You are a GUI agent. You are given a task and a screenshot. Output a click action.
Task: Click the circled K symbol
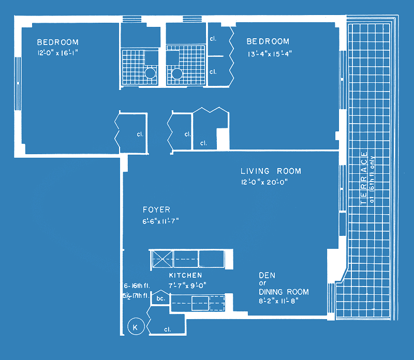tap(136, 326)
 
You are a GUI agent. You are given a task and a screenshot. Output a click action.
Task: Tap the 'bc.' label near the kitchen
tap(161, 298)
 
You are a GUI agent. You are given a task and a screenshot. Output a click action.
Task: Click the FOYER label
tap(157, 210)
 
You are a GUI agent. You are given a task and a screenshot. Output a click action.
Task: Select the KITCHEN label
tap(186, 275)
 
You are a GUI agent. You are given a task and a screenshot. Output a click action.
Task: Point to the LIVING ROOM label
tap(271, 171)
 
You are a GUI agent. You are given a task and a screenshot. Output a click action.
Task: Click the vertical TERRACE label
tap(364, 178)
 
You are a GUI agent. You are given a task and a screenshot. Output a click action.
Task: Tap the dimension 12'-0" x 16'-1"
tap(57, 53)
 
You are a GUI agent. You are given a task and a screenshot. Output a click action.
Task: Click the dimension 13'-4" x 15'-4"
tap(270, 54)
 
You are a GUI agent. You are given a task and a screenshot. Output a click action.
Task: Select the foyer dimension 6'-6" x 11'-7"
tap(160, 221)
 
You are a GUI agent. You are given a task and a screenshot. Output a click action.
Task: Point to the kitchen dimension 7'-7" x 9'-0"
tap(187, 286)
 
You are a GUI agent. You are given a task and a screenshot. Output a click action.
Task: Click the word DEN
tap(267, 276)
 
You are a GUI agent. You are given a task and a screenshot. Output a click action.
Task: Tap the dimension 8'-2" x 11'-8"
tap(278, 301)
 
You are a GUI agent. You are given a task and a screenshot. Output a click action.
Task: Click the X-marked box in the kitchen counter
tap(162, 259)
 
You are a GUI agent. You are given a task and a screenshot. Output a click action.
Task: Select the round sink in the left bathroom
tap(150, 73)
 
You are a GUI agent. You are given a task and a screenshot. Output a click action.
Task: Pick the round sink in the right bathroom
tap(177, 73)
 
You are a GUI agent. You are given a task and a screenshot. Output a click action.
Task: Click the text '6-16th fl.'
tap(137, 286)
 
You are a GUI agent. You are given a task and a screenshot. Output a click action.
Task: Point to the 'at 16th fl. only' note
tap(372, 179)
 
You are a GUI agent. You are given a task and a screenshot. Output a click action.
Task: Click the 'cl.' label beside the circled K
tap(167, 329)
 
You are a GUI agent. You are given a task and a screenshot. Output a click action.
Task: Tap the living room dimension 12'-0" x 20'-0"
tap(264, 182)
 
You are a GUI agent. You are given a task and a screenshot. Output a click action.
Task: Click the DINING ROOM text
tap(284, 292)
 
